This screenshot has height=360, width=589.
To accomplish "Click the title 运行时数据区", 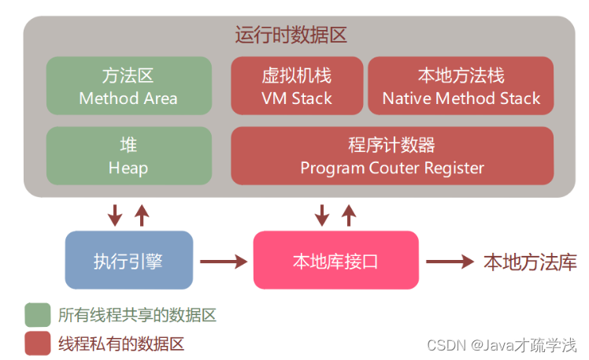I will click(291, 35).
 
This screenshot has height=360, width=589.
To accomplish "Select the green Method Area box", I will click(128, 87).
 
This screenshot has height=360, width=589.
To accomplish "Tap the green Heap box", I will click(128, 156).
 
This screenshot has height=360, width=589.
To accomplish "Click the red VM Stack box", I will click(296, 87).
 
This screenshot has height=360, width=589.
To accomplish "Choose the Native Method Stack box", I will click(461, 87).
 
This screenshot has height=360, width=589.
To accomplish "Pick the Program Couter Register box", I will click(391, 156).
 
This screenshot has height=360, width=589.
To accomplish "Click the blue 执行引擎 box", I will click(128, 260).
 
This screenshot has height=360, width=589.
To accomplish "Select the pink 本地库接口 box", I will click(335, 260).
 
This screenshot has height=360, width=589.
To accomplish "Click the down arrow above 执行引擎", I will click(115, 213).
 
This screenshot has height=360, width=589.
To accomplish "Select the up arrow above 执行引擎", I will click(142, 213).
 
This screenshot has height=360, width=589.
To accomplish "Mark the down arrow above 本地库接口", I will click(322, 213).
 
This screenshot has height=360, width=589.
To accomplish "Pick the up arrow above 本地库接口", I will click(349, 213).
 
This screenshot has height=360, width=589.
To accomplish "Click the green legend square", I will click(36, 315).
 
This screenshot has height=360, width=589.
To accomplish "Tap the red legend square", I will click(36, 343).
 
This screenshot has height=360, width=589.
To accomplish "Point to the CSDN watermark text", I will click(501, 345).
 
